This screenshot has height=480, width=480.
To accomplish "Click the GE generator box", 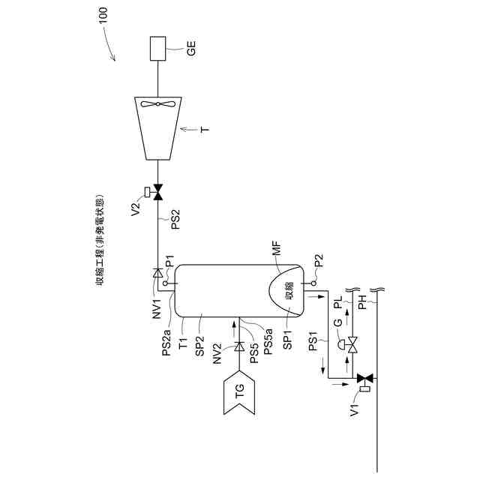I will click(x=157, y=50).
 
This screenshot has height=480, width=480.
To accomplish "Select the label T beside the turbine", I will click(x=202, y=129).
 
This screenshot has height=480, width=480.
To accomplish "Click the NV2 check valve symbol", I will click(x=238, y=346).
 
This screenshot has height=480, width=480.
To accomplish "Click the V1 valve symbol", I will click(x=366, y=379).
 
